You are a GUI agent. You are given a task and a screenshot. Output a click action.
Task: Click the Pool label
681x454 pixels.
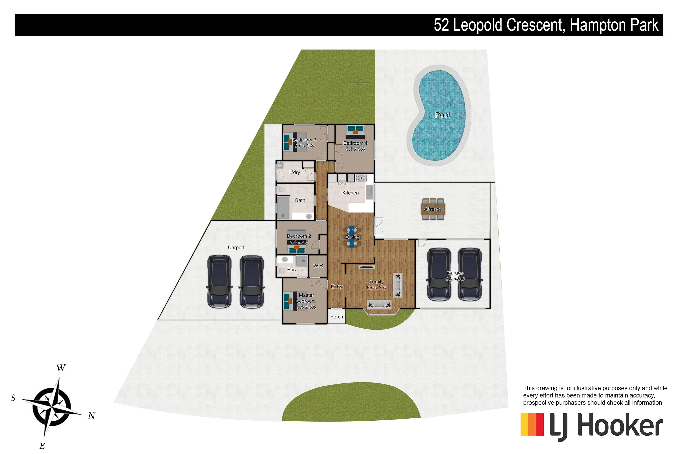click(x=442, y=115)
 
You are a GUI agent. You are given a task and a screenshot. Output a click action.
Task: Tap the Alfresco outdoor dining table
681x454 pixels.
click(x=433, y=209)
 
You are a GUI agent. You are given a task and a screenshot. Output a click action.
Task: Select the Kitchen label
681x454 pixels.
click(x=350, y=193)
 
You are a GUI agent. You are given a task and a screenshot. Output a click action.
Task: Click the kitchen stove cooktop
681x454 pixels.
click(x=361, y=178)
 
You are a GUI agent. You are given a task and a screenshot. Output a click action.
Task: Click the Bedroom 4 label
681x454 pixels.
click(x=355, y=143)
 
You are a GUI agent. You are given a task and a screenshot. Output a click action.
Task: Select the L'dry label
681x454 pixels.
click(x=294, y=172)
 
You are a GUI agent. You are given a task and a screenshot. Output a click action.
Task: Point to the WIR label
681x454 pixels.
click(x=318, y=266)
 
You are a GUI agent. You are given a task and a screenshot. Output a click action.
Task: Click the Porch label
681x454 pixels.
click(x=336, y=317)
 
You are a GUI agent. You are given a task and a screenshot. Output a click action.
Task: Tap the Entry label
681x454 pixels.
click(x=336, y=286)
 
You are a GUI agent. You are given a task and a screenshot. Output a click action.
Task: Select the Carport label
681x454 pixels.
click(x=236, y=248)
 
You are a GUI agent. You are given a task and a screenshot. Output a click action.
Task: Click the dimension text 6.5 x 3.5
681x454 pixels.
click(x=376, y=288)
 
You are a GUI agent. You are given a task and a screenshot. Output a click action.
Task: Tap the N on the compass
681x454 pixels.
click(x=91, y=416)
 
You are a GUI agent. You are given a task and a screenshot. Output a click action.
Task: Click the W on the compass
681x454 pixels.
click(x=61, y=368)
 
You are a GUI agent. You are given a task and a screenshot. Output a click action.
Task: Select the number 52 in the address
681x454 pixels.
click(x=441, y=25)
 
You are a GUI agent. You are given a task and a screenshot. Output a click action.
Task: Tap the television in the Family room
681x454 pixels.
click(x=366, y=267)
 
